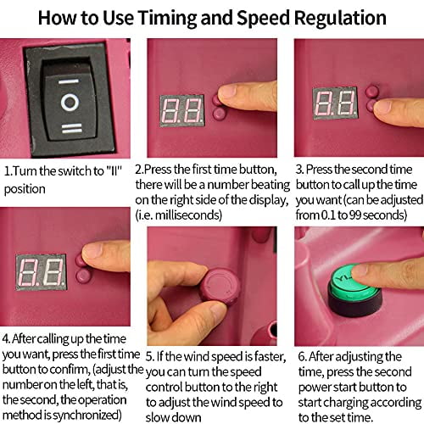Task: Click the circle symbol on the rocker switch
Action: pos(70,103)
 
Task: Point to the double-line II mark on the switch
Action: pos(72,128)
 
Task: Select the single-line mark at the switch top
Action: pos(69,81)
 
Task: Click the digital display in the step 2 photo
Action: pos(182,110)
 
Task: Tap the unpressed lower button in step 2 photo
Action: pos(220,114)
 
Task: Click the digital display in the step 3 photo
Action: pos(335,103)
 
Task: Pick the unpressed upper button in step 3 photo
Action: pos(371,91)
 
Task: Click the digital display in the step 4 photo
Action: pos(42,272)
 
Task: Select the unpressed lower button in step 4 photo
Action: pos(83,276)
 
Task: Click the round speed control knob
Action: pos(220,287)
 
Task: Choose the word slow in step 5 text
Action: pos(159,418)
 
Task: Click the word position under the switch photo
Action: pos(25,189)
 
